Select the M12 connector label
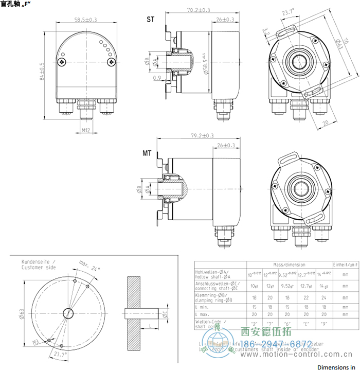[86, 131]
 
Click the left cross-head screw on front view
[63, 62]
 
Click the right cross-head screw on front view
[111, 62]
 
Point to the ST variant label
[150, 20]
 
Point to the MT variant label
[147, 153]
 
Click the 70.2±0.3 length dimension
[197, 10]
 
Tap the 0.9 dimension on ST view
[156, 78]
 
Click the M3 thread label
[36, 342]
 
